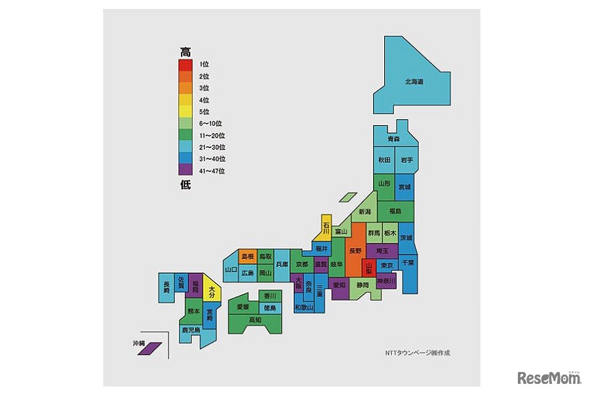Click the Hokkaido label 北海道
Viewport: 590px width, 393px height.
414,82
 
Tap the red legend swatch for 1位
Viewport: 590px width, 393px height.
186,64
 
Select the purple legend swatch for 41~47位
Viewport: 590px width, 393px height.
186,170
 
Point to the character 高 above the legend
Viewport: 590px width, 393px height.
186,51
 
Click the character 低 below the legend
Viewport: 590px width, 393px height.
186,184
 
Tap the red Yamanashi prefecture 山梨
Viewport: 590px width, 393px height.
369,267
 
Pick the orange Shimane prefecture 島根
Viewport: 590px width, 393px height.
247,256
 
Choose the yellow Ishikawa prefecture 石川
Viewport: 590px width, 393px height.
326,227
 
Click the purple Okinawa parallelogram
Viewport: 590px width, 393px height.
150,348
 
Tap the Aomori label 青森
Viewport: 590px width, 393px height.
393,140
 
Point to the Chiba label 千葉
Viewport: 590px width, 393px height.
408,262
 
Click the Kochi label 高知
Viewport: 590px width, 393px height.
254,320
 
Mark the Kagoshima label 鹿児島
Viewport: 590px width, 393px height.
191,330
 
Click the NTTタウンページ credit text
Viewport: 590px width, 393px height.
418,353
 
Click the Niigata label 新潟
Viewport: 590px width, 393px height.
364,212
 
